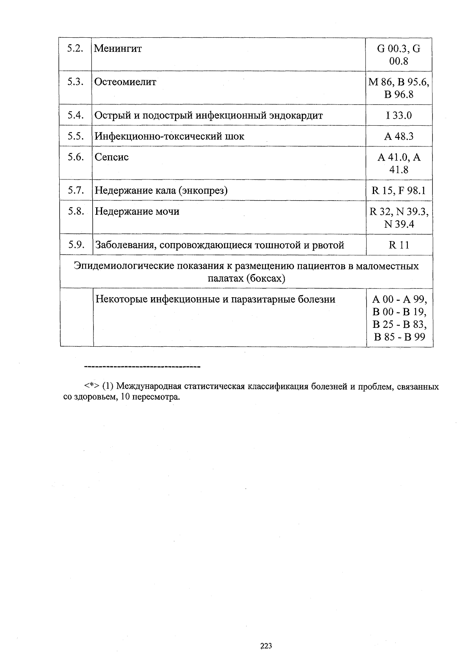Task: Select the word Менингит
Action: (118, 49)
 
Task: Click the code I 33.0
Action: (399, 115)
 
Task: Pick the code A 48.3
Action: (399, 136)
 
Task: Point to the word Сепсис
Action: (112, 157)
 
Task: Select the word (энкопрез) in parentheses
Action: (203, 191)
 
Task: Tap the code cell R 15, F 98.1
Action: (399, 191)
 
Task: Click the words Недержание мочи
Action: (137, 212)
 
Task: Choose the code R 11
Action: (399, 245)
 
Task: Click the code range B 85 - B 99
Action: (400, 337)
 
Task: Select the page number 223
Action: (266, 646)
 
